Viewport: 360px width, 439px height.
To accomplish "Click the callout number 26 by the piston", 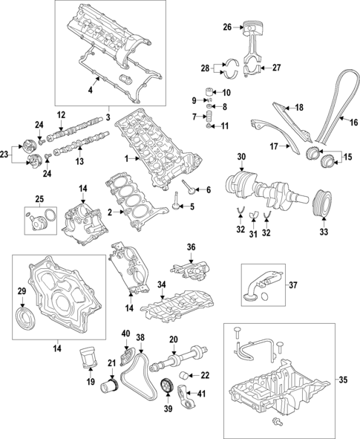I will click(x=228, y=27).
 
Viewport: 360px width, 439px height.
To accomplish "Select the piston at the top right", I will click(x=256, y=30).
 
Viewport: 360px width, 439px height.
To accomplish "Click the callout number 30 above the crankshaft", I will click(x=240, y=157).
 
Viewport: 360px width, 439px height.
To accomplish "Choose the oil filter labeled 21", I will click(x=111, y=388).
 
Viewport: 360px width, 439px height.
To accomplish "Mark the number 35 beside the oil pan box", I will click(x=343, y=380).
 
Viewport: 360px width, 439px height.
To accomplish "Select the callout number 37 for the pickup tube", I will click(x=292, y=284).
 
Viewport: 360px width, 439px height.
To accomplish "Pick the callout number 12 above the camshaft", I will click(x=62, y=114).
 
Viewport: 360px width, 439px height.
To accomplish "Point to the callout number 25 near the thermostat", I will click(x=39, y=198).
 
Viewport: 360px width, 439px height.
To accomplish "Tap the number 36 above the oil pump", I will click(x=190, y=247).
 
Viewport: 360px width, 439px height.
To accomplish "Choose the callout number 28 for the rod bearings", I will click(x=206, y=68).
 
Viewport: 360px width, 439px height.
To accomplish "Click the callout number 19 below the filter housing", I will click(x=91, y=383).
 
